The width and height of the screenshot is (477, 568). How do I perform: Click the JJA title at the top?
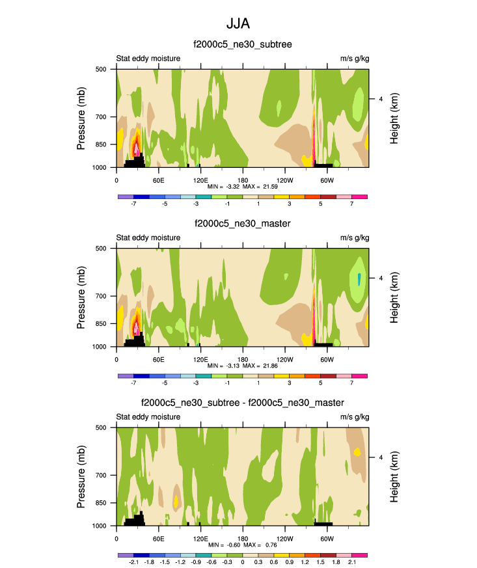pos(238,23)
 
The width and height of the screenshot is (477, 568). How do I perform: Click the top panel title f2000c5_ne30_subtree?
pos(243,44)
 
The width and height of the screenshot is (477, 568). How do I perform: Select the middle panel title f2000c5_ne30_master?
pos(242,224)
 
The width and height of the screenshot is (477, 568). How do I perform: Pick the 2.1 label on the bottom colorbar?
pos(351,561)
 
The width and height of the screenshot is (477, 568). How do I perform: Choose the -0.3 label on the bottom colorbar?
pos(227,561)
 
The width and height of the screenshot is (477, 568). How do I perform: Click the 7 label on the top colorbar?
pos(351,203)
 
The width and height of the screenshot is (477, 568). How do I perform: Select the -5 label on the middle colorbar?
pos(165,383)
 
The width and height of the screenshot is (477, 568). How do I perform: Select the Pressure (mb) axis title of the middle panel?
pos(81,297)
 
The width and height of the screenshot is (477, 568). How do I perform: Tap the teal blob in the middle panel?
pos(359,279)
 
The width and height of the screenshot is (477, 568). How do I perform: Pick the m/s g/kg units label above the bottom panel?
pos(355,417)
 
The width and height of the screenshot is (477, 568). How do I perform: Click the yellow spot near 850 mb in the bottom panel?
pos(176,502)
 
